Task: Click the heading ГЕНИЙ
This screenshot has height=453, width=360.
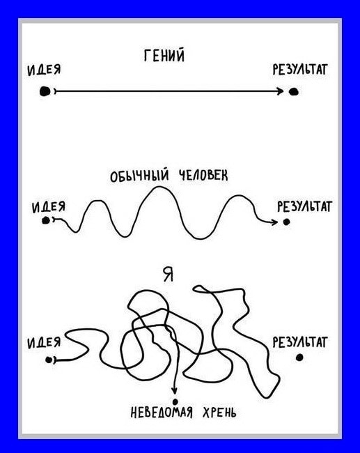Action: (164, 56)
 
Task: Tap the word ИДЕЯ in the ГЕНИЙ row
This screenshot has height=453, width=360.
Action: (44, 70)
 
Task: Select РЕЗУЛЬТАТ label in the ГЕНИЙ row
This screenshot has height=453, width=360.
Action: (300, 69)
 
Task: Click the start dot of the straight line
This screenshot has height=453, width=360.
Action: (45, 91)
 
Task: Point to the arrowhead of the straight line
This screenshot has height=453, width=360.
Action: (281, 91)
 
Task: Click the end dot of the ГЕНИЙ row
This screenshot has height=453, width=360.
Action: (294, 91)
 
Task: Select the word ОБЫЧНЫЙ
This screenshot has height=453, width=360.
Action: (139, 176)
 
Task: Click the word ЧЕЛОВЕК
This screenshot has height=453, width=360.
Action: (203, 176)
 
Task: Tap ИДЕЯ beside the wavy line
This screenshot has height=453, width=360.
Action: (49, 207)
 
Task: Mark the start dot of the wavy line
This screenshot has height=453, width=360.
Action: (46, 220)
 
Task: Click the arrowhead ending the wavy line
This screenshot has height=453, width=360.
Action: (274, 222)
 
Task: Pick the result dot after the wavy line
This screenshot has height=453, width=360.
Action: (286, 222)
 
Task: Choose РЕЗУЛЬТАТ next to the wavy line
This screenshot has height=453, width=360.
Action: (304, 206)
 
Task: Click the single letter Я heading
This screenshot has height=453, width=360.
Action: (168, 275)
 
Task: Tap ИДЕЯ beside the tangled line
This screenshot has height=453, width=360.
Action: (44, 343)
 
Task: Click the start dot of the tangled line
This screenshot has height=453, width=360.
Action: (49, 360)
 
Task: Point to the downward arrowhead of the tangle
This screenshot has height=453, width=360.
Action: (174, 390)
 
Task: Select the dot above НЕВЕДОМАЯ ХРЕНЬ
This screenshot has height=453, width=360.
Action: (175, 401)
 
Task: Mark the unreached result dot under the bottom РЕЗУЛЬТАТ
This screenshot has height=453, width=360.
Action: (299, 358)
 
